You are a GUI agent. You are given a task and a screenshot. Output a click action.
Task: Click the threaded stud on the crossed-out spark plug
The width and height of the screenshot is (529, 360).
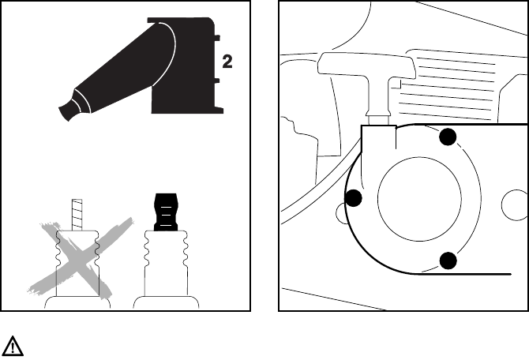(x=78, y=213)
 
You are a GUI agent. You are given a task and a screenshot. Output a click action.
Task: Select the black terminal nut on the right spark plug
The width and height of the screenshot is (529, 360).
(x=165, y=212)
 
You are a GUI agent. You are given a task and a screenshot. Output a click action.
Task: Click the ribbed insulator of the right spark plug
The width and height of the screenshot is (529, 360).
(x=166, y=261)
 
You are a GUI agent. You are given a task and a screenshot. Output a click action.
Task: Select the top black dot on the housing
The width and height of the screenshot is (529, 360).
(x=448, y=137)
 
